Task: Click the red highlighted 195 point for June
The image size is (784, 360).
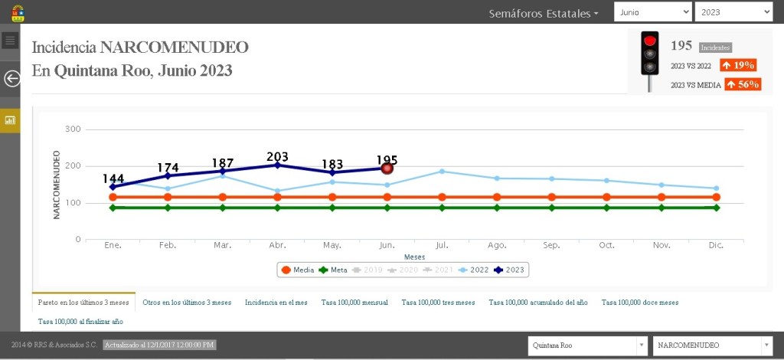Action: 387,168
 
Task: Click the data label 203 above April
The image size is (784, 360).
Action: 277,157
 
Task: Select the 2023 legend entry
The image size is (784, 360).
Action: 511,270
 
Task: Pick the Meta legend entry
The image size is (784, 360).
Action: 333,270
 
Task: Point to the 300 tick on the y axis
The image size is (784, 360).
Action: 73,129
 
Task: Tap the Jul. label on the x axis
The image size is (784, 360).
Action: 441,245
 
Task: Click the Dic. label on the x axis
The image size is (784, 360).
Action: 716,245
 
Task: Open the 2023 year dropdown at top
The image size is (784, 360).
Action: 733,12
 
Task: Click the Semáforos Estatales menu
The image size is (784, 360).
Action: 544,13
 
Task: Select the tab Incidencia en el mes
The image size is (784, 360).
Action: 276,303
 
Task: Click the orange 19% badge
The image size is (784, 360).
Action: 738,65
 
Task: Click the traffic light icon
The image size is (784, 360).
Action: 650,61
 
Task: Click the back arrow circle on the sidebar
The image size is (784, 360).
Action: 11,78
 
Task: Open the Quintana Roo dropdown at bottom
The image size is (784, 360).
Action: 587,345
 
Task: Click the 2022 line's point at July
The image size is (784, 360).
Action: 442,172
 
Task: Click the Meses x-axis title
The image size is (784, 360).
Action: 414,257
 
